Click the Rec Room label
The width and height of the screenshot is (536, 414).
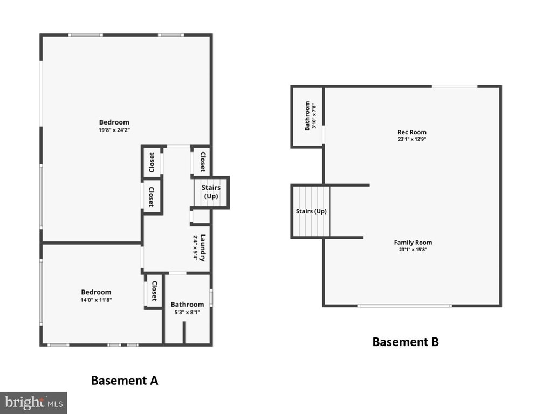pos(411,132)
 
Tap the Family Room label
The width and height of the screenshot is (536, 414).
pos(413,243)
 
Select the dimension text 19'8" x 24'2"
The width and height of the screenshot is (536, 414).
pos(114,130)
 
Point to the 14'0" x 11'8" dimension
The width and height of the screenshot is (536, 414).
pos(96,300)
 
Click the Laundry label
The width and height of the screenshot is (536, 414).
pos(203,248)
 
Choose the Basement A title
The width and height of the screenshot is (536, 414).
pos(125,381)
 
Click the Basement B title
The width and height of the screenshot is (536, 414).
pos(406,342)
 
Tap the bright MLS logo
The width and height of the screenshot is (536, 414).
pos(33,403)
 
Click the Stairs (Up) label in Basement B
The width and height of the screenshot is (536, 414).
pos(311,211)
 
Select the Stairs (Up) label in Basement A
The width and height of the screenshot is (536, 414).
pos(211,192)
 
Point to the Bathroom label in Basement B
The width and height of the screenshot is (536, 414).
pos(307,116)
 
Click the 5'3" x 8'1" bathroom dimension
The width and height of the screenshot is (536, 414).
pos(187,312)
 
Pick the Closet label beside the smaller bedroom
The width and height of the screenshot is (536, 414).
pos(154,291)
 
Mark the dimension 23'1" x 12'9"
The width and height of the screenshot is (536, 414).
pos(412,139)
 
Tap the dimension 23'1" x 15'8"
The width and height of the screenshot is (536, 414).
pos(413,250)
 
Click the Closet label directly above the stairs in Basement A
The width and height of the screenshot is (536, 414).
pos(203,162)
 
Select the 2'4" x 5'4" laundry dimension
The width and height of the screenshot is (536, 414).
pos(195,248)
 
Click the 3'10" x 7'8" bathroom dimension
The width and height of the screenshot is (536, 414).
pos(314,116)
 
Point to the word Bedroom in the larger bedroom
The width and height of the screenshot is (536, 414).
pos(114,122)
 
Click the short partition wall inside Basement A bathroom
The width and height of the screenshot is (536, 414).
pos(184,333)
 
